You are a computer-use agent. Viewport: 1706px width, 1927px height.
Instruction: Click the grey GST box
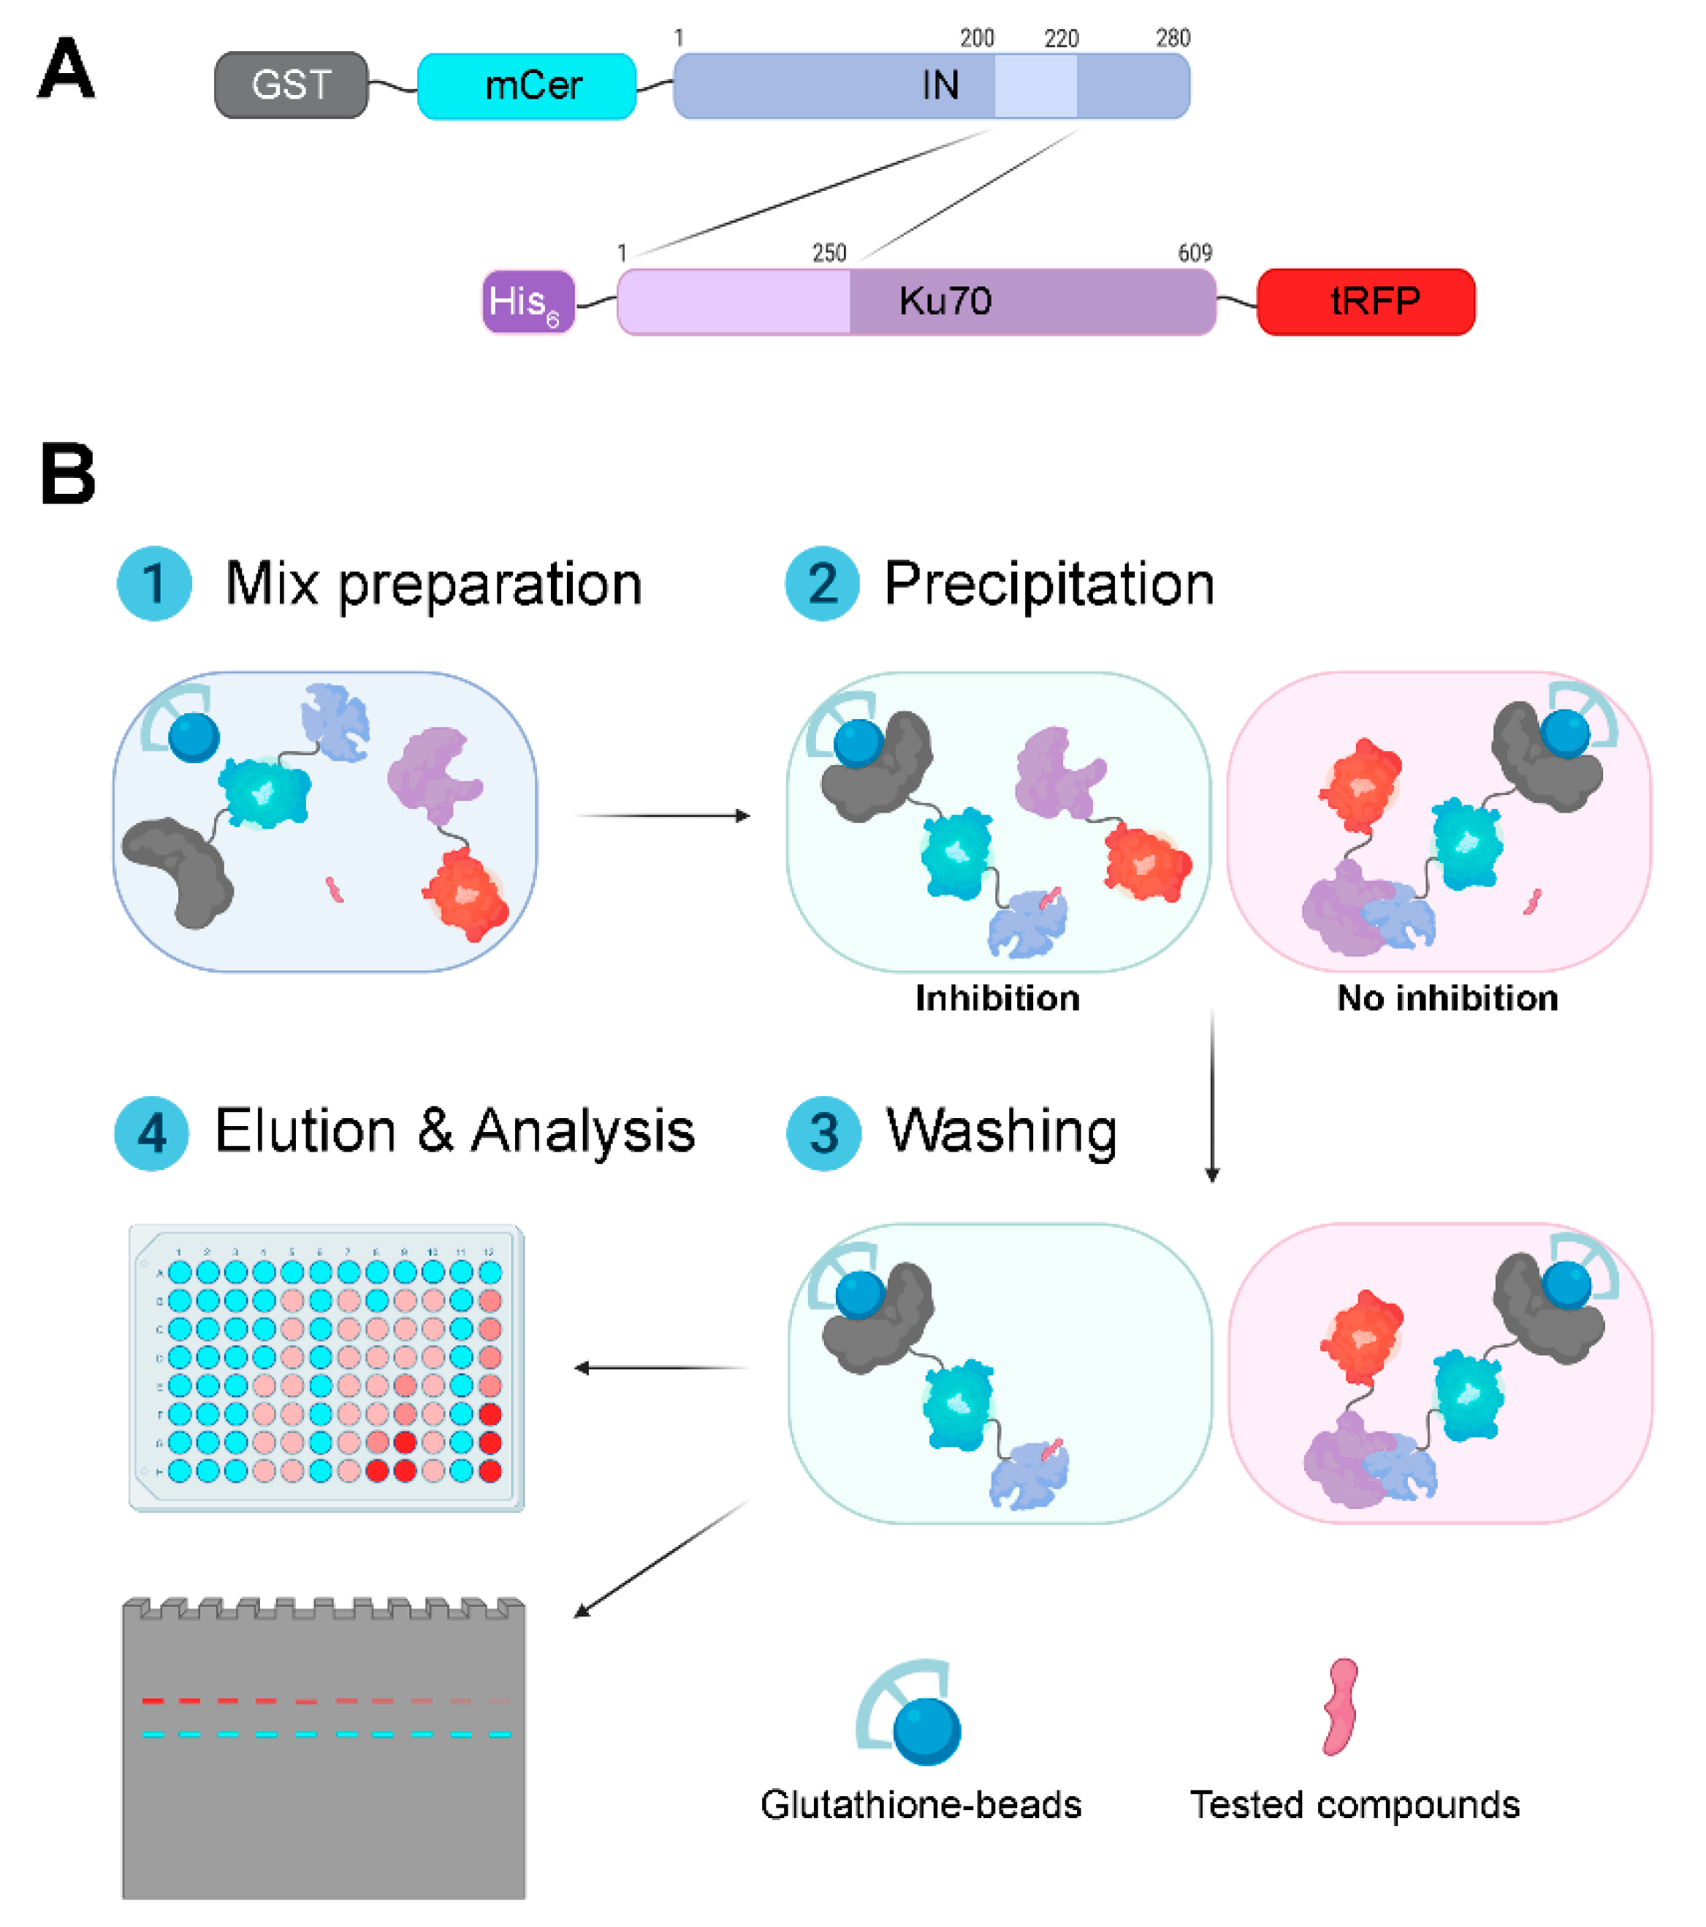pos(292,85)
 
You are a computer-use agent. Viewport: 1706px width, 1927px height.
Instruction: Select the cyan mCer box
pos(526,85)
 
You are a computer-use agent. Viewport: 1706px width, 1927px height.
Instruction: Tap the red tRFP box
pos(1365,302)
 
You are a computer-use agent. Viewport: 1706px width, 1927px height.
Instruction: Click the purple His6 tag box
pos(528,302)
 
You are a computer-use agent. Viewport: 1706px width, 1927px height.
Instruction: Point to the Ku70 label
pos(945,302)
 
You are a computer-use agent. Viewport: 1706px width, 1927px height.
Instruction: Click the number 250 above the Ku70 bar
pos(829,253)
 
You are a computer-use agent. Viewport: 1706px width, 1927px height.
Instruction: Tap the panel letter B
pos(68,474)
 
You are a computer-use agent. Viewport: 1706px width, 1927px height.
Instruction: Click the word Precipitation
pos(1048,584)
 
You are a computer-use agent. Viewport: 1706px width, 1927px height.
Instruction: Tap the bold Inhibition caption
pos(997,998)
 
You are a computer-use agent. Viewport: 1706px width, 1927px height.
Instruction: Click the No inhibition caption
pos(1447,998)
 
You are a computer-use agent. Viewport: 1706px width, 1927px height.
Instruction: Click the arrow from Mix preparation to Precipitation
pos(663,816)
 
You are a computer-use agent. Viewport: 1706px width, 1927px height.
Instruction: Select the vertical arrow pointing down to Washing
pos(1212,1094)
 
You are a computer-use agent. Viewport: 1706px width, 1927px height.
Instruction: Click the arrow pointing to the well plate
pos(660,1367)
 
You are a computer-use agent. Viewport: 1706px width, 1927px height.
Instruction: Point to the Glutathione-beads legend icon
pos(910,1713)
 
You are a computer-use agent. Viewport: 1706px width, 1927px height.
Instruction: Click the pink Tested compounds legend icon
pos(1340,1707)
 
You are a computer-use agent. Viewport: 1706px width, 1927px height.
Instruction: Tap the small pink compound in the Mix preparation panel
pos(334,889)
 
